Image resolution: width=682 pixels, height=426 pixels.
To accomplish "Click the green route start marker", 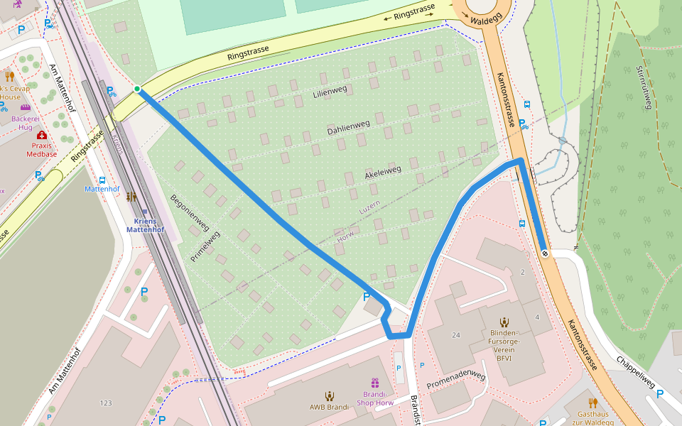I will tap(137, 89).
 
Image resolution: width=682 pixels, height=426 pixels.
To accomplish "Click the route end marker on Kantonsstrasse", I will tap(544, 253).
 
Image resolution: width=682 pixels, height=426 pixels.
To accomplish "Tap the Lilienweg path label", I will tap(330, 92).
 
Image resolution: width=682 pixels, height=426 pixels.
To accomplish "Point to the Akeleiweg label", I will tap(383, 173).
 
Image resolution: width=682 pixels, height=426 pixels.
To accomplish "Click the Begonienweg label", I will tap(190, 213).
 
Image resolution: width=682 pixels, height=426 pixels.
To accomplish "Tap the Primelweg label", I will tap(205, 247).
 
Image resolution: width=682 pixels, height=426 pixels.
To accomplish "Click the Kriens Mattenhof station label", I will tap(146, 225).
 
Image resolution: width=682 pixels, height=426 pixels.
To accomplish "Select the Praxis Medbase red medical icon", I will tap(42, 135).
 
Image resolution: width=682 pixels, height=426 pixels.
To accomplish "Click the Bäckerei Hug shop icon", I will tap(26, 108).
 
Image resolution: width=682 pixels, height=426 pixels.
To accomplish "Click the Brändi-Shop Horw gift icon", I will tap(374, 383).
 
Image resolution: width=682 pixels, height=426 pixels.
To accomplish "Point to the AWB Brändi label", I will tap(329, 407).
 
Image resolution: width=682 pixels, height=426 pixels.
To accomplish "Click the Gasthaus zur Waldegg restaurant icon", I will tap(593, 403).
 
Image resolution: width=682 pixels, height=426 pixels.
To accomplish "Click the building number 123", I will tap(106, 403).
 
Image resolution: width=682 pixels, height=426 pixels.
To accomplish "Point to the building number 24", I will tap(455, 335).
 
